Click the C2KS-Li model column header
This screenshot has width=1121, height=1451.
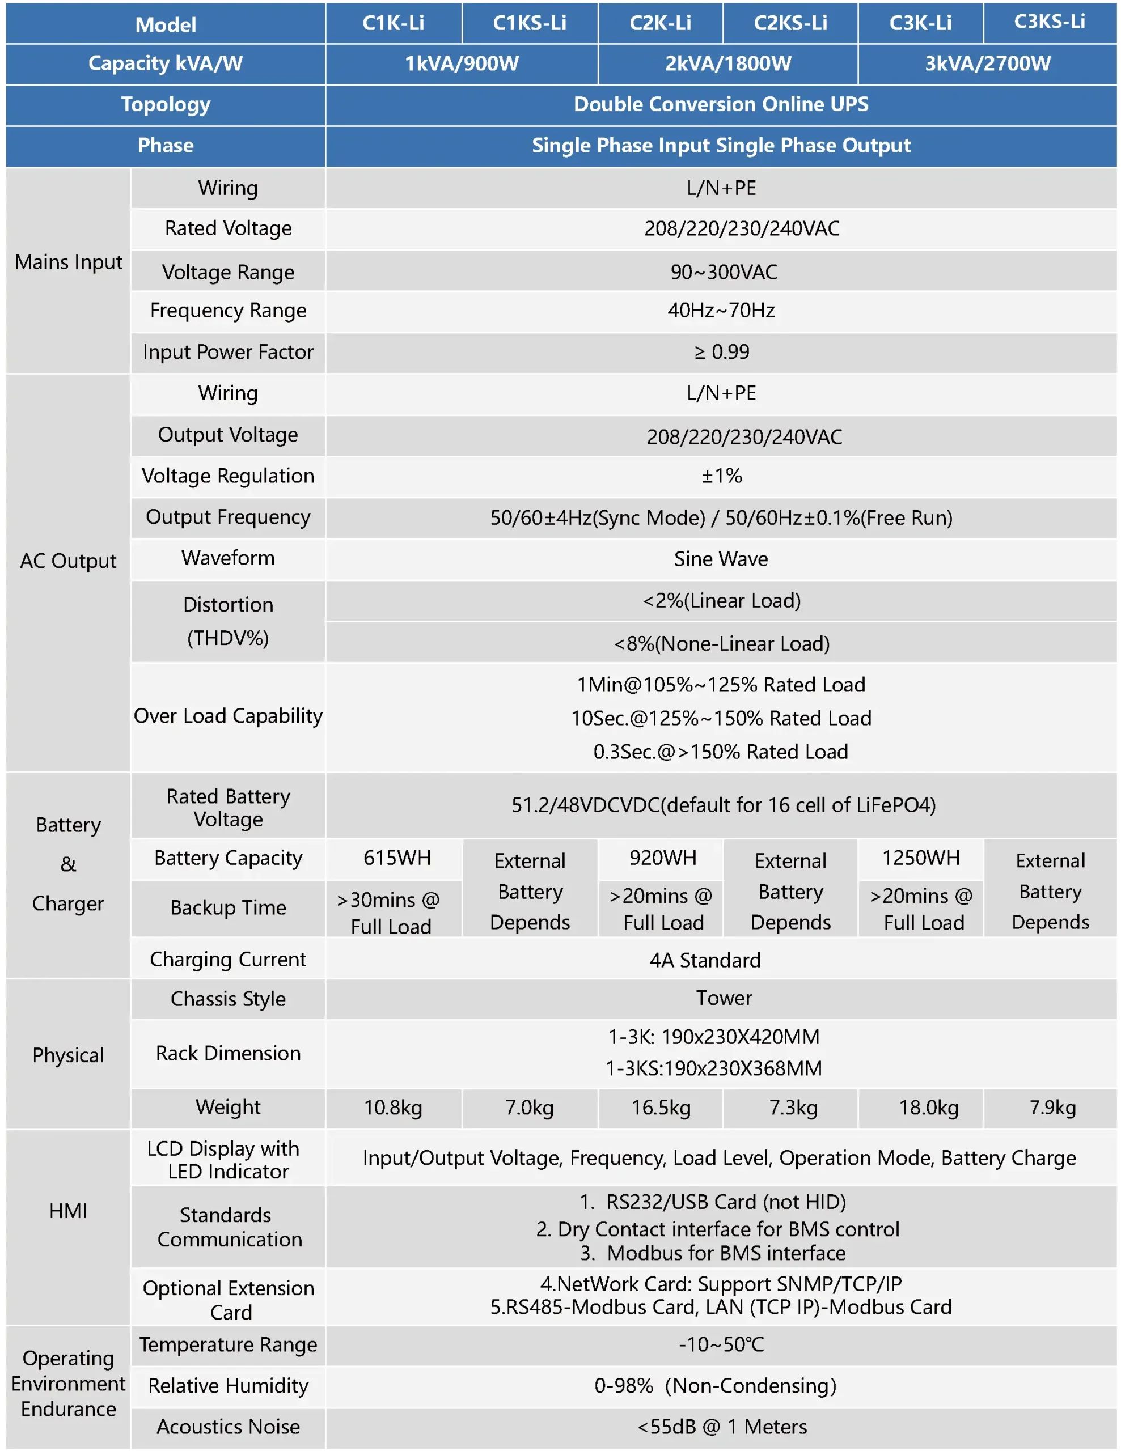tap(790, 23)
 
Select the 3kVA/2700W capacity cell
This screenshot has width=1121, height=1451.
tap(987, 64)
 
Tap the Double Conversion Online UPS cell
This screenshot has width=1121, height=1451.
tap(721, 104)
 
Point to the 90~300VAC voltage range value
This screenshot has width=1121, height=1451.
tap(723, 271)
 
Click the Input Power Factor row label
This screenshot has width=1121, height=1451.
tap(228, 352)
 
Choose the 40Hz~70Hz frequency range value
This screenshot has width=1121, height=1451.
tap(721, 310)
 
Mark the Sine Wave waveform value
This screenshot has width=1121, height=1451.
tap(721, 559)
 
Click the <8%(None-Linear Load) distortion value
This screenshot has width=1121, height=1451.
tap(722, 643)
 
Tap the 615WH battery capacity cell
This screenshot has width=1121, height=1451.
tap(397, 858)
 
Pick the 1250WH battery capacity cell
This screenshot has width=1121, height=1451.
tap(920, 858)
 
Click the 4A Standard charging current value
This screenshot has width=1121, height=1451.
tap(705, 960)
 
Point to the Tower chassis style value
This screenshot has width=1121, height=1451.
tap(724, 998)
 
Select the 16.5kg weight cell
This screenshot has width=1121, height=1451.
tap(661, 1108)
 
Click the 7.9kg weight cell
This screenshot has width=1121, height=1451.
tap(1052, 1108)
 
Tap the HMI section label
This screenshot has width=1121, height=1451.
tap(68, 1211)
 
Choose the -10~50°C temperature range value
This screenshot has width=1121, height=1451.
tap(721, 1344)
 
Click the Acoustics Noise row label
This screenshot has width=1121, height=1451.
tap(228, 1427)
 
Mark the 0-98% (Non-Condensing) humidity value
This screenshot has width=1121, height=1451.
tap(715, 1385)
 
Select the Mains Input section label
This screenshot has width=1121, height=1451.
tap(69, 262)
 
